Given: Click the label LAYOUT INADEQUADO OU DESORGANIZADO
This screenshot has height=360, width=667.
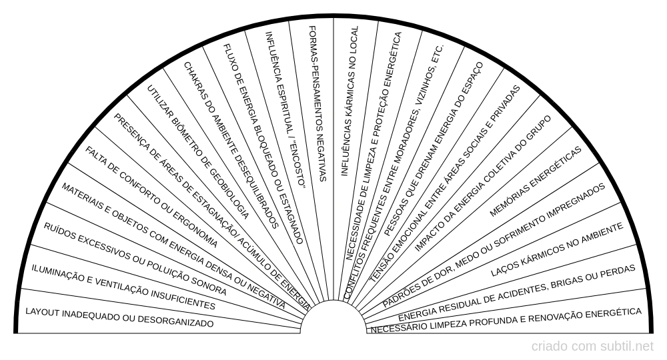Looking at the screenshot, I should click(119, 317).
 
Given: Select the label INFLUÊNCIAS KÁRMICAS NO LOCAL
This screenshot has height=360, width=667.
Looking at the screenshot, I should click(350, 101).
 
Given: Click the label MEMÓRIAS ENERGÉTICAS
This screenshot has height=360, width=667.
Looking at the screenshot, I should click(536, 182).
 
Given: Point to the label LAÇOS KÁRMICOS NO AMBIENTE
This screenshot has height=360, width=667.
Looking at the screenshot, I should click(557, 250).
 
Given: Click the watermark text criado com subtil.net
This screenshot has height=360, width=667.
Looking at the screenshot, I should click(592, 347).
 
